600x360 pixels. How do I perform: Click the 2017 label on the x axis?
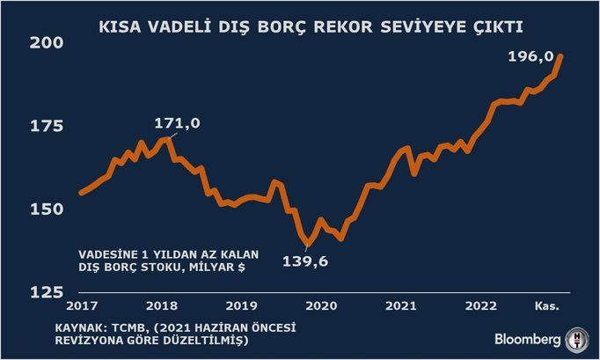tap(80, 305)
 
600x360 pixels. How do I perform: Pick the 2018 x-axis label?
tap(160, 305)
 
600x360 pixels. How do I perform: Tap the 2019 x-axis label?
tap(240, 305)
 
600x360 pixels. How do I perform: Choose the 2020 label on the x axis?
tap(320, 305)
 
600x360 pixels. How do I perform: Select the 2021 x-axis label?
tap(401, 305)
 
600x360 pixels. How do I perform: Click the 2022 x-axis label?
tap(481, 305)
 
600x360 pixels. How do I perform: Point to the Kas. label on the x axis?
tap(549, 305)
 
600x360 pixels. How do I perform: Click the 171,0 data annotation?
tap(178, 123)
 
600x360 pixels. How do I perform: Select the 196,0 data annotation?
tap(530, 56)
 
